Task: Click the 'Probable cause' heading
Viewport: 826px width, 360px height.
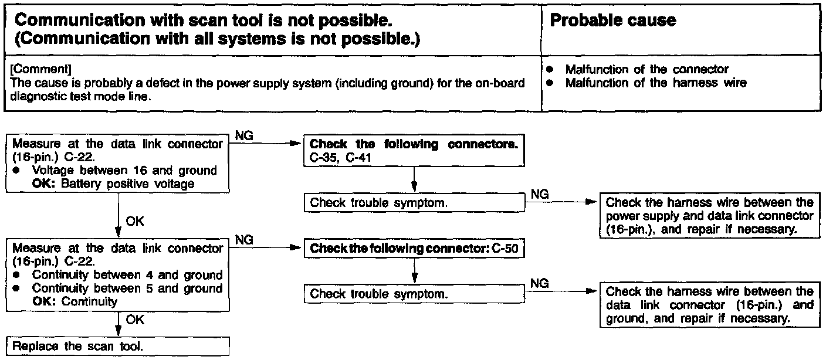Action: point(612,21)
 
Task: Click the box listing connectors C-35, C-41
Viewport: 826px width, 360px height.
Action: point(414,151)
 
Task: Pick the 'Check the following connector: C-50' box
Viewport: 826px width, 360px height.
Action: point(414,248)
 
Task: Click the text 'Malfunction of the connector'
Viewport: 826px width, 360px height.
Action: point(646,69)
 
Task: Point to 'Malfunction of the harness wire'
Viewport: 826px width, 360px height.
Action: point(655,83)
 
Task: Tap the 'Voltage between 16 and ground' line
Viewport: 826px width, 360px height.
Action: point(124,170)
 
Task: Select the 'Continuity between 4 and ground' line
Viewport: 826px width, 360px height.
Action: point(127,275)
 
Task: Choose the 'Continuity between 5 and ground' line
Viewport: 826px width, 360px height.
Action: point(127,288)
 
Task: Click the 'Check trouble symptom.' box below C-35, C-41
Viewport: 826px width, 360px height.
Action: point(414,203)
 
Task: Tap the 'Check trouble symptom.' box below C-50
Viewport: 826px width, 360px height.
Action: point(414,294)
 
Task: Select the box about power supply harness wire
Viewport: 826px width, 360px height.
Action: point(709,216)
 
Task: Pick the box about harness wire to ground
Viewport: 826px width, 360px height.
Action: point(709,305)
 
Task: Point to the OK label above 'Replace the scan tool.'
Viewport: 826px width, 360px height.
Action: point(134,320)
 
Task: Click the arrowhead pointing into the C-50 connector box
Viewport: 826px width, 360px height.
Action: point(298,248)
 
